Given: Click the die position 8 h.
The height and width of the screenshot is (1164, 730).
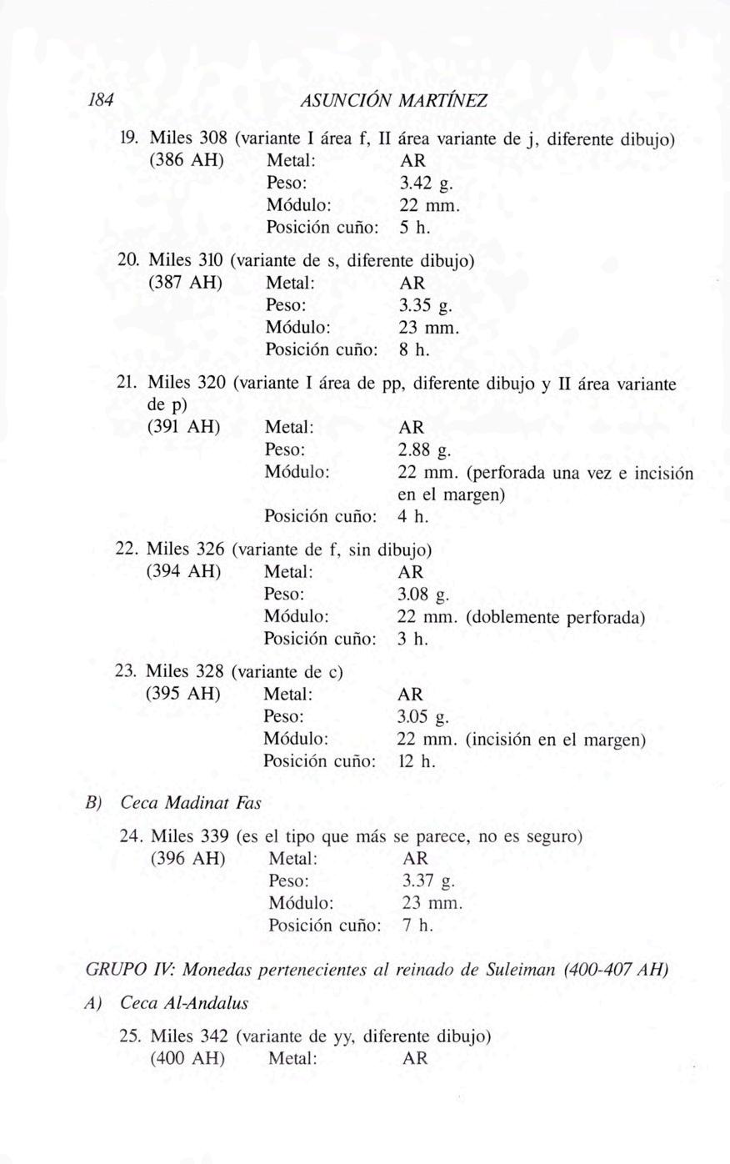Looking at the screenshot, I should pyautogui.click(x=413, y=350).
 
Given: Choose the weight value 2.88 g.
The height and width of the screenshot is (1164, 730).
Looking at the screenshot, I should pyautogui.click(x=424, y=450).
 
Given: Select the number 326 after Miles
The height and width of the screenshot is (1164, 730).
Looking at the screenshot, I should pyautogui.click(x=208, y=550).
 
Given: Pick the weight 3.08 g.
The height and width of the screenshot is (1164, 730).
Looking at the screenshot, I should pyautogui.click(x=423, y=595).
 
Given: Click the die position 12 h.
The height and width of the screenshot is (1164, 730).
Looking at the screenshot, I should pyautogui.click(x=417, y=761).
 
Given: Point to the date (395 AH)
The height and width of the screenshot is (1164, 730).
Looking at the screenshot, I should pyautogui.click(x=183, y=694).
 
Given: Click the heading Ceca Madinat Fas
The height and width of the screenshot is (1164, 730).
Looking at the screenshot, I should pyautogui.click(x=190, y=804).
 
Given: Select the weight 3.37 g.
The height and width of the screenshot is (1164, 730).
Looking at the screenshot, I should pyautogui.click(x=428, y=881).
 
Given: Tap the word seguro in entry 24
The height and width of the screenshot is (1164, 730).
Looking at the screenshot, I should pyautogui.click(x=551, y=836).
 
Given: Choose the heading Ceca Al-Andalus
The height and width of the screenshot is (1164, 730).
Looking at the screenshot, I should pyautogui.click(x=184, y=1003).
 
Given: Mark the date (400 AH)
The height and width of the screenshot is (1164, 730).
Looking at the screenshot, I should pyautogui.click(x=188, y=1059).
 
